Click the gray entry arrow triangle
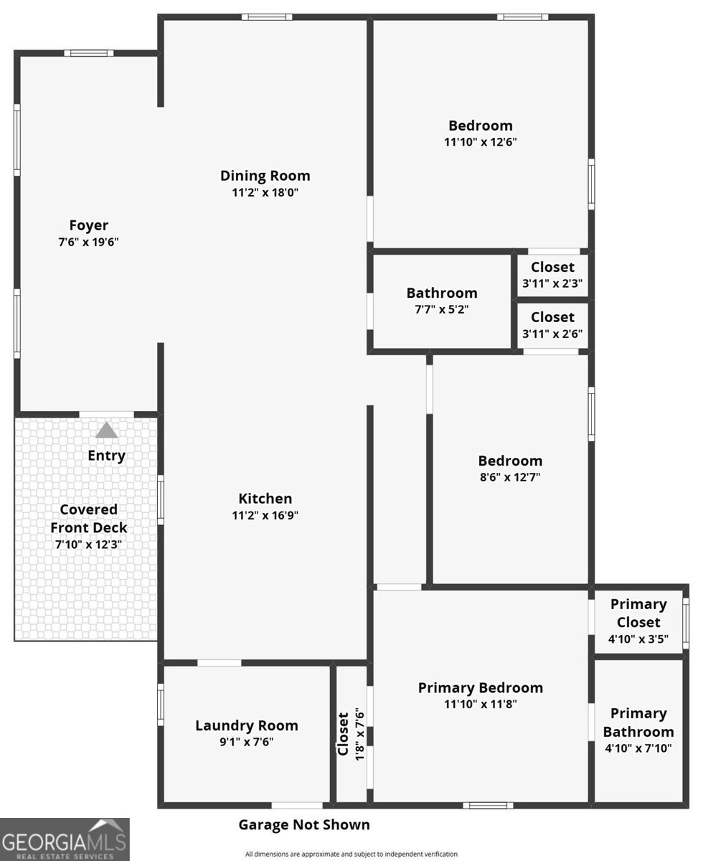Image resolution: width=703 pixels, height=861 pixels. click(x=107, y=430)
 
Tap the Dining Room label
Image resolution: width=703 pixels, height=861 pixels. click(x=265, y=176)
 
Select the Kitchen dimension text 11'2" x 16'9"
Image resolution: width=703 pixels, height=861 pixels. click(x=265, y=515)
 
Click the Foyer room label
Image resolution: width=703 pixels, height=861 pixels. click(x=88, y=225)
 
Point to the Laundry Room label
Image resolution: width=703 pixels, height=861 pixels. click(x=247, y=725)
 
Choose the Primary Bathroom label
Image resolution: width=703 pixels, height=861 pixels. click(x=638, y=723)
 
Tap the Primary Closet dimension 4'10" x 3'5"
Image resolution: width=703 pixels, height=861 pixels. click(x=638, y=639)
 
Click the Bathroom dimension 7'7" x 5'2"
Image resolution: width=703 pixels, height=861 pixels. click(x=442, y=309)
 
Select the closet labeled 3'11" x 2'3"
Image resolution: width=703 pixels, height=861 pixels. click(x=552, y=275)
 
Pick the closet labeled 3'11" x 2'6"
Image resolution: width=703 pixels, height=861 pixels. click(x=552, y=325)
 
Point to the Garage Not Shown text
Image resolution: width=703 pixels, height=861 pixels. click(x=304, y=824)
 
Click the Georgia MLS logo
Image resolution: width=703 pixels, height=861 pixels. click(x=65, y=839)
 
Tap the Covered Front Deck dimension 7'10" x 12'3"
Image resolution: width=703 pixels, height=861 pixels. click(x=88, y=545)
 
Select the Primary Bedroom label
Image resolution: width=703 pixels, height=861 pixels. click(x=481, y=688)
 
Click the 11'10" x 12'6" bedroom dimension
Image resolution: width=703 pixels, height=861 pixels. click(x=481, y=142)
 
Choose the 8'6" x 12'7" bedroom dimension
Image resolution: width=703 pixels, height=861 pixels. click(x=510, y=477)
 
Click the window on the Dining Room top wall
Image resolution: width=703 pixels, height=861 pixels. click(x=267, y=17)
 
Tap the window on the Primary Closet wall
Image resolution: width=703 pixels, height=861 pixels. click(x=686, y=624)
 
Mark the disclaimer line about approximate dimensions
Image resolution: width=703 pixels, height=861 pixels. click(x=351, y=854)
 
